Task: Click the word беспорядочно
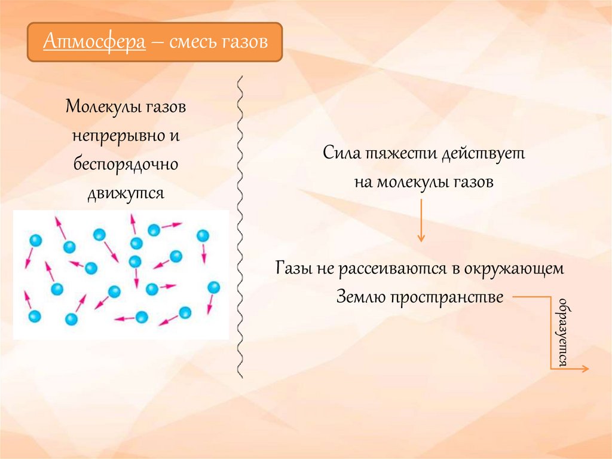click(x=126, y=164)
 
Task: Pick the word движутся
click(x=126, y=193)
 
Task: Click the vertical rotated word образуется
click(x=562, y=332)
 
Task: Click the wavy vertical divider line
click(x=241, y=227)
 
